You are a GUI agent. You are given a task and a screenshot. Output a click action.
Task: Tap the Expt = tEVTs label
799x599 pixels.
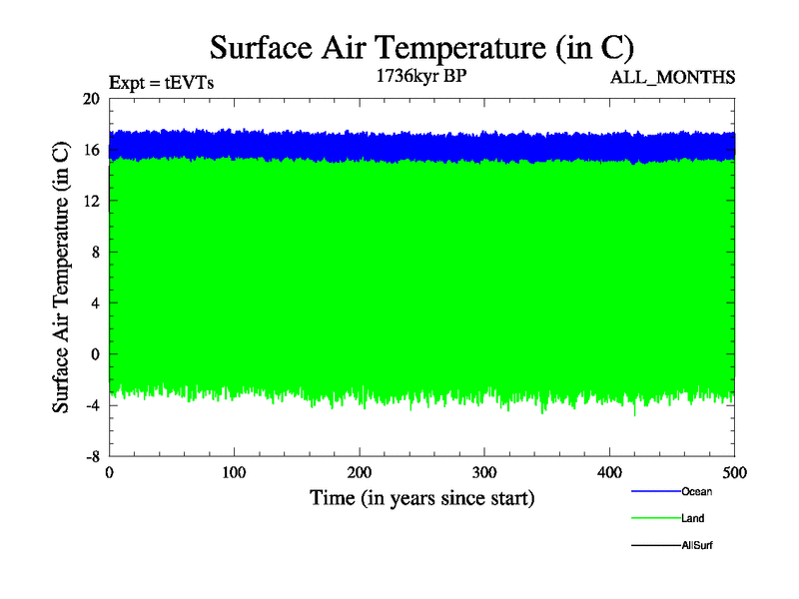coord(160,83)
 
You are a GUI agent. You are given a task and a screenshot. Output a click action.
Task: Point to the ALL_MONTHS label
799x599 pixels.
coord(673,77)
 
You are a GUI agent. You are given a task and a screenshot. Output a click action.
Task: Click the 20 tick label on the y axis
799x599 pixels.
coord(91,99)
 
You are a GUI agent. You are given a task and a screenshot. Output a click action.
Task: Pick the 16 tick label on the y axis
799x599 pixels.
coord(91,150)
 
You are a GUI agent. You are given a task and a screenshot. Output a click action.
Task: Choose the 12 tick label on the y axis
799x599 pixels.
coord(91,201)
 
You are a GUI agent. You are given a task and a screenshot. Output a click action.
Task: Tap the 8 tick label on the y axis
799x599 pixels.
coord(95,252)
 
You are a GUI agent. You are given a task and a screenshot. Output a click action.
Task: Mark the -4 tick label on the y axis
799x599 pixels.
coord(92,404)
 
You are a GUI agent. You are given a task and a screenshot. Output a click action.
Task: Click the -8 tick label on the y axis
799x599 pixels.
coord(92,455)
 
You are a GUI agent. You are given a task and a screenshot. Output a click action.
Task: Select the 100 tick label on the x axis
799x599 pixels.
coord(234,472)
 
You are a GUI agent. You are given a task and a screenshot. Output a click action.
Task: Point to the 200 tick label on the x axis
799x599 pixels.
coord(360,472)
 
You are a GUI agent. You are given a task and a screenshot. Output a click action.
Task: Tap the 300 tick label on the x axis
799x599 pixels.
coord(484,472)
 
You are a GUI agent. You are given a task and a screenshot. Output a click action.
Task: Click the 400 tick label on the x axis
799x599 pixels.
coord(609,472)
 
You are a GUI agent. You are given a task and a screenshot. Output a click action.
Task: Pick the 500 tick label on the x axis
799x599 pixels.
coord(734,472)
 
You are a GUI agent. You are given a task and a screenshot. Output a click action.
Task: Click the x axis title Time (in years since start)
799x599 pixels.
coord(421,497)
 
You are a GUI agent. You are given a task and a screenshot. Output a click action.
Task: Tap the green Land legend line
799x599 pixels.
coord(655,518)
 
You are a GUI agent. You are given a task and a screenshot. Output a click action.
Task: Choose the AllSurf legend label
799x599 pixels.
coord(697,545)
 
